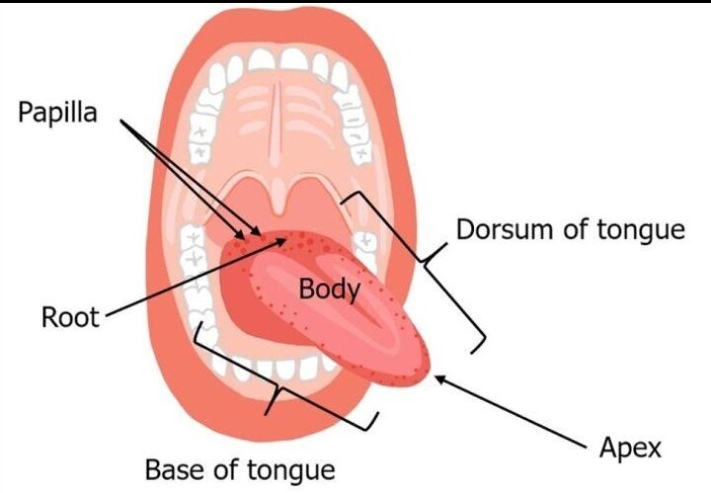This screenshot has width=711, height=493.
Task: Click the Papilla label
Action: tap(57, 113)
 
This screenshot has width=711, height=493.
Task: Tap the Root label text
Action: tap(70, 317)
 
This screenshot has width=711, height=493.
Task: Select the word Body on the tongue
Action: tap(330, 289)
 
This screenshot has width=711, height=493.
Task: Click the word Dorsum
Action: tap(507, 229)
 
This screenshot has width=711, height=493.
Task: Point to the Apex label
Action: tap(630, 449)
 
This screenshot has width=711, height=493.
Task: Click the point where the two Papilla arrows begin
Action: tap(121, 121)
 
